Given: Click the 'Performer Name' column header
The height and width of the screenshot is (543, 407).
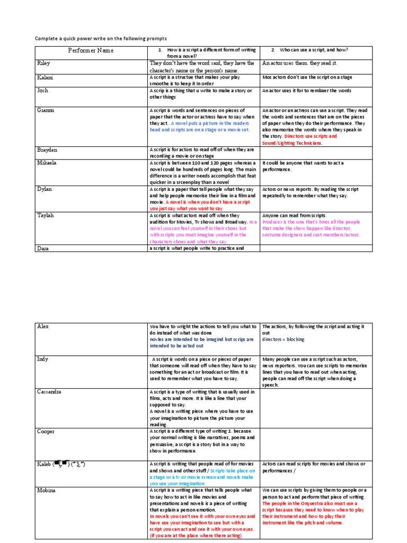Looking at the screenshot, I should (91, 51).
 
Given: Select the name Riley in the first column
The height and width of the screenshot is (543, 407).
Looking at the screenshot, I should (43, 63).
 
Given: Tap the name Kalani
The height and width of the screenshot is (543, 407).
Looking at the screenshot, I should (45, 77).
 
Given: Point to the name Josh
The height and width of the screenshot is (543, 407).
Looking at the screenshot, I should (42, 91).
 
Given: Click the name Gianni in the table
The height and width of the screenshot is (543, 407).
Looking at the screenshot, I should (46, 110).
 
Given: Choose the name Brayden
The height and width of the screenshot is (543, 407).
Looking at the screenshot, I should (47, 150).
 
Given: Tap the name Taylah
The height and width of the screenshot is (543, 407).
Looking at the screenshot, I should (46, 215).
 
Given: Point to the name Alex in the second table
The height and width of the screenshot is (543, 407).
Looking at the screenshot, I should (43, 326).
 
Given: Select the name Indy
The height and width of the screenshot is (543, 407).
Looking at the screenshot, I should (43, 359).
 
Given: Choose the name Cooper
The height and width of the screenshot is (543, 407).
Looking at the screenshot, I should (46, 432).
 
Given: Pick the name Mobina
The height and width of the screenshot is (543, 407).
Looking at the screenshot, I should (47, 491).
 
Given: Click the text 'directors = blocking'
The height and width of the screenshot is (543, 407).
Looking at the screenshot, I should (284, 339).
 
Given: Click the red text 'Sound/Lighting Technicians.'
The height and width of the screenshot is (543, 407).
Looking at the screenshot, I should (292, 143).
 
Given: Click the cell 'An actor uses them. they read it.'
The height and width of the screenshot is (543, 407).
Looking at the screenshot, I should (299, 63).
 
